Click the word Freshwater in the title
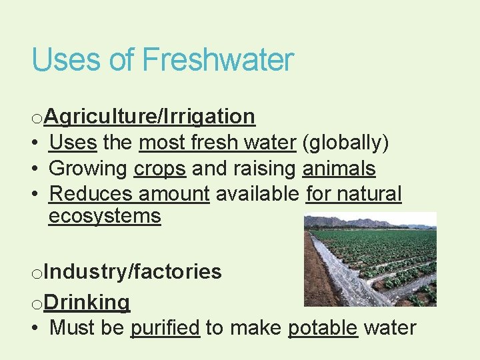tap(218, 60)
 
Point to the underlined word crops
tap(160, 169)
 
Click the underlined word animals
tap(339, 169)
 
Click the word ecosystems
tap(105, 216)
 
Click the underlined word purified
tap(165, 328)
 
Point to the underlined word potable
tap(323, 328)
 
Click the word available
tap(257, 194)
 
